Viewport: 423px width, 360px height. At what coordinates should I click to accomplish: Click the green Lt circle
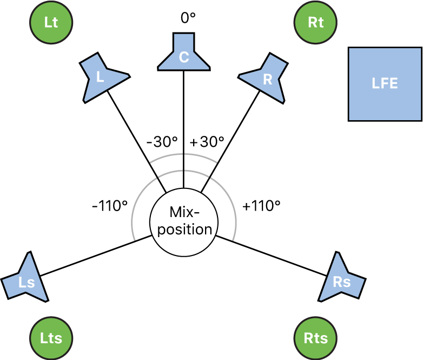pos(51,23)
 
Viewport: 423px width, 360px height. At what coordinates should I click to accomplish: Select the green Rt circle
pos(316,23)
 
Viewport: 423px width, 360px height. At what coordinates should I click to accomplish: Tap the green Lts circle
pos(51,338)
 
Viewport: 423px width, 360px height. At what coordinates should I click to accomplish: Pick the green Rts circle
pos(316,338)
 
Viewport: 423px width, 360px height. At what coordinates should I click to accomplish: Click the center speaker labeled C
pos(184,54)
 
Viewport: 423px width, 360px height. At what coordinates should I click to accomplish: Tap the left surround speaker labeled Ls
pos(27,280)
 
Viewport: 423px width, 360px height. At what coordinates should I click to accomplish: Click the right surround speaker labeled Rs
pos(340,280)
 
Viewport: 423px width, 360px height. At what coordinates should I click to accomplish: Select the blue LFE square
pos(385,83)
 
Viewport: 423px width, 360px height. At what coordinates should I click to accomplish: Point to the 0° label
pos(188,18)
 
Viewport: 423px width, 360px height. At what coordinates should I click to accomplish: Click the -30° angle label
pos(162,142)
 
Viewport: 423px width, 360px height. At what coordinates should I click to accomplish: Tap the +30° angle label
pos(207,142)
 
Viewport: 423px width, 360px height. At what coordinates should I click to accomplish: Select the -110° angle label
pos(110,206)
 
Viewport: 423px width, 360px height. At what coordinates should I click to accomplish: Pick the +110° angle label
pos(261,206)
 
